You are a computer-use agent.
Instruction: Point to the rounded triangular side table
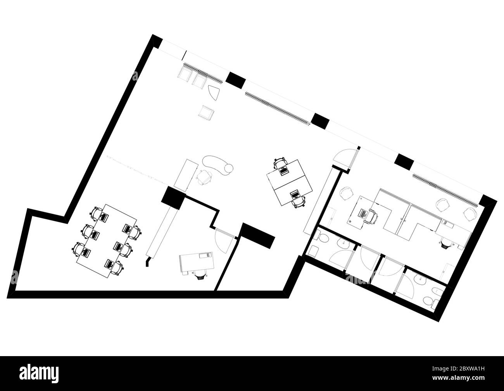pyautogui.click(x=214, y=93)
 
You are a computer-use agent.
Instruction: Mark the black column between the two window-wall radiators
pyautogui.click(x=236, y=79)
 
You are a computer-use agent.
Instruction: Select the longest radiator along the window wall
pyautogui.click(x=278, y=108)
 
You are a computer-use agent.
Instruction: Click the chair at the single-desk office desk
pyautogui.click(x=200, y=275)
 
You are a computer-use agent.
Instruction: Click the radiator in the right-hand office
pyautogui.click(x=444, y=189)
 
